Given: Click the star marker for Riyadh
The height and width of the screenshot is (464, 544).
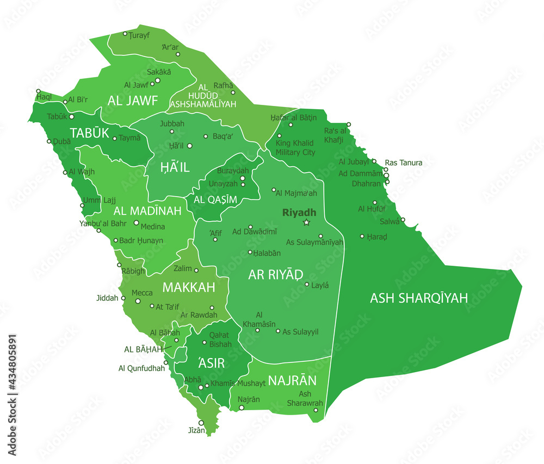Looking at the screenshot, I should point(306,222).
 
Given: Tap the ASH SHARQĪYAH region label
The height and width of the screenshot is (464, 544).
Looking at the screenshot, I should point(419,298).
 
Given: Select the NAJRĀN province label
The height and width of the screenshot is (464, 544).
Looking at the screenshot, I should point(292,380).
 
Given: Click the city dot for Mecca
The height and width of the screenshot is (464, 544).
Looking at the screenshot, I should point(138,301).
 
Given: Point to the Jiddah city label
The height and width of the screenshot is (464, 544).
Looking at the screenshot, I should point(107,298).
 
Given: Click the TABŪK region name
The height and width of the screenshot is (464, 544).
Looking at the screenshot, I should point(90,134).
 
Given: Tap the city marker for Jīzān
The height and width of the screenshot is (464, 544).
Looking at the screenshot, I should point(201,423).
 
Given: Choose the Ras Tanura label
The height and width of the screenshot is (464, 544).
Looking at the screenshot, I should point(403,162).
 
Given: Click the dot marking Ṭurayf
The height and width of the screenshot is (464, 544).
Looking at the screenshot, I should point(125,34).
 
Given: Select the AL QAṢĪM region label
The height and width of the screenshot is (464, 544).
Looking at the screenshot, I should point(215,200).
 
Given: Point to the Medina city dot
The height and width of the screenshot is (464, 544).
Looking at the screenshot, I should point(137,222).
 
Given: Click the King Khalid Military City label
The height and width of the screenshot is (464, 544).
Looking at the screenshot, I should point(295,148).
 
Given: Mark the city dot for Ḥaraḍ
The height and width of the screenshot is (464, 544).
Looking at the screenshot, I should point(362,236).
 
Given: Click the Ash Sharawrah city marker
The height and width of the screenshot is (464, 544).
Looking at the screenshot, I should point(316,410).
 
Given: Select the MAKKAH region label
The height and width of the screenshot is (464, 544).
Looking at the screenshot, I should point(189,287).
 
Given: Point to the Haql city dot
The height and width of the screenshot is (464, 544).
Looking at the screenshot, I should point(38,91).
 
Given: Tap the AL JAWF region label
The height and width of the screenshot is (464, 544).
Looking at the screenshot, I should point(132,101).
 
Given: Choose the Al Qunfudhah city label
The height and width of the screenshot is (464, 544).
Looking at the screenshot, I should point(141,368).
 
